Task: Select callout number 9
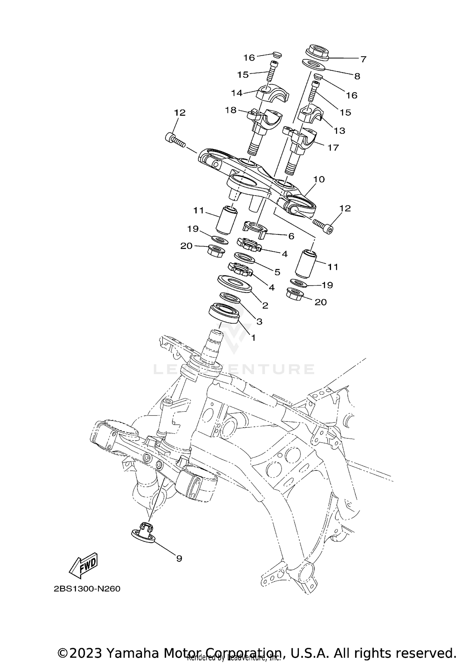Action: [179, 558]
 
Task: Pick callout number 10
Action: [319, 179]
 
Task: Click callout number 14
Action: [237, 93]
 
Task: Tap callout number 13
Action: [339, 130]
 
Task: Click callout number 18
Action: [231, 110]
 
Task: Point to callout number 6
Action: [291, 236]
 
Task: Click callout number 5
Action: [277, 272]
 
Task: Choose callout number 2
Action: [265, 305]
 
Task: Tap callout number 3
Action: [259, 321]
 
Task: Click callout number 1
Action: [253, 338]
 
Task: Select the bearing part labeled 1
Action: [224, 313]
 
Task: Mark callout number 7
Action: [363, 59]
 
